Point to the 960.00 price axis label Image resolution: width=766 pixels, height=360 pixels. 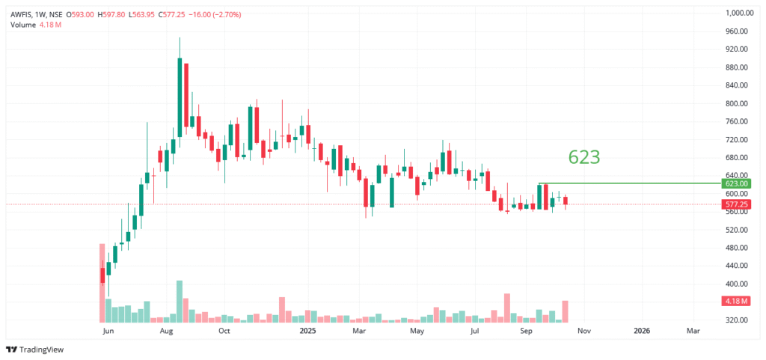point(738,31)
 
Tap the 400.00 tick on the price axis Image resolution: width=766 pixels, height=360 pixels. point(738,284)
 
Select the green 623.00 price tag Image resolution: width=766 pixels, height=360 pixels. point(738,183)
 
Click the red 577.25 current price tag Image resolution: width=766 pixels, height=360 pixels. point(738,204)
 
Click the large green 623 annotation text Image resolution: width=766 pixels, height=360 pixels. point(584,157)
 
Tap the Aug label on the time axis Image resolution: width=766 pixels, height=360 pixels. point(168,330)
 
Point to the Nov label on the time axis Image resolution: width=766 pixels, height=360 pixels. point(584,330)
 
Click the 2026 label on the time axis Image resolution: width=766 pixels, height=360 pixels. point(641,330)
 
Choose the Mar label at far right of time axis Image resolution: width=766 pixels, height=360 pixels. point(693,330)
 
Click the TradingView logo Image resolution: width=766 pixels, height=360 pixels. point(34,350)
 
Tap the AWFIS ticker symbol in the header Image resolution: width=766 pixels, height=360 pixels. point(23,14)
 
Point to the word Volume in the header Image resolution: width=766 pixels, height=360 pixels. point(23,25)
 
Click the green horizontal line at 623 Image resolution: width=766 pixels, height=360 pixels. point(628,183)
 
